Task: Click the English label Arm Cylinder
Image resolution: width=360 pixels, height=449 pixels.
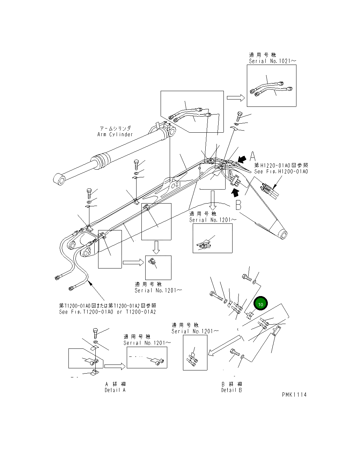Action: pyautogui.click(x=115, y=134)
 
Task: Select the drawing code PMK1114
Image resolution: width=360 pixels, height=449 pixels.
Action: pyautogui.click(x=294, y=395)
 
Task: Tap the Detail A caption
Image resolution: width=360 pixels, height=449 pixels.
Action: pyautogui.click(x=115, y=390)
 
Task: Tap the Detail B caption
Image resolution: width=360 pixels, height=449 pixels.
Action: pyautogui.click(x=231, y=390)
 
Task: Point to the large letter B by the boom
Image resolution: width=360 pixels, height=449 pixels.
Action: pyautogui.click(x=238, y=205)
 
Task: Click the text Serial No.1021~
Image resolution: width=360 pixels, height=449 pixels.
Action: pyautogui.click(x=272, y=61)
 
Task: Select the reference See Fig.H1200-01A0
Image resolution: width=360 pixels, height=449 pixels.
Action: pyautogui.click(x=281, y=171)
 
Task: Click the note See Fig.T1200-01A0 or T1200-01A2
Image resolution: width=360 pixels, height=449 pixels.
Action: pyautogui.click(x=107, y=312)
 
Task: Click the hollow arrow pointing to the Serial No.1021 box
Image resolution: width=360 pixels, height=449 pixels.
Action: pyautogui.click(x=236, y=98)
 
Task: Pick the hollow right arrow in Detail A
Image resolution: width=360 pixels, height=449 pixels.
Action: pyautogui.click(x=115, y=366)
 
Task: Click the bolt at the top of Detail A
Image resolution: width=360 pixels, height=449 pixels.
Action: pyautogui.click(x=95, y=333)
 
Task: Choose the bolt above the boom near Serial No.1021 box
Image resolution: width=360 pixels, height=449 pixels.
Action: pyautogui.click(x=239, y=116)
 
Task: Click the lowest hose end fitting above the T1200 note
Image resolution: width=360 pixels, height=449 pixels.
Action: pyautogui.click(x=72, y=288)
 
